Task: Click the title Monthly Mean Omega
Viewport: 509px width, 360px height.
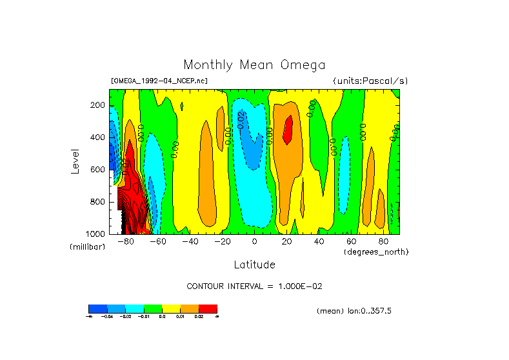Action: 254,65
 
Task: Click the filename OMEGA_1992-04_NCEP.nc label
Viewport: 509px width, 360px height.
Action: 159,81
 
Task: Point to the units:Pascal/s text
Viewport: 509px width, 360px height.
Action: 370,81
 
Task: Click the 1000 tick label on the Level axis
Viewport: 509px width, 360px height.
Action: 96,234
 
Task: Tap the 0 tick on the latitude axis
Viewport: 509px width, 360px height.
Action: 254,241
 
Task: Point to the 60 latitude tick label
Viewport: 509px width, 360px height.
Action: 351,241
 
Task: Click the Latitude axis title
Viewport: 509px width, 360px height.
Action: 254,265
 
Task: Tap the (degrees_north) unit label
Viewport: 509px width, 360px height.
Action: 376,251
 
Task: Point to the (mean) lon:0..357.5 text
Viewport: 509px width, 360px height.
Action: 354,311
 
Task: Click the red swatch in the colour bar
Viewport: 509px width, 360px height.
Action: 208,308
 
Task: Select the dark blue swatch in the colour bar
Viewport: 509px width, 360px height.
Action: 97,308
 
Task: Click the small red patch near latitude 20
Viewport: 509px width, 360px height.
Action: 288,128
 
